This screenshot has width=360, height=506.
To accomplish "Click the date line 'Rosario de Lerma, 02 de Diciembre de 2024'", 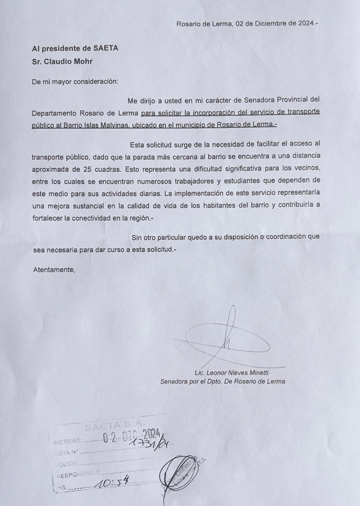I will [247, 24].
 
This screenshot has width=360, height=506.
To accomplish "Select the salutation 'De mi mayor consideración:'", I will [75, 82].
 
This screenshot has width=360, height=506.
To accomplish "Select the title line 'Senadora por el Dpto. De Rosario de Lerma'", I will [223, 382].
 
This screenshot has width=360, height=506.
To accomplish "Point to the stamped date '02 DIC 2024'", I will [130, 437].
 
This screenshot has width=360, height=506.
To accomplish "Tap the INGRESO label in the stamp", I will [67, 441].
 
